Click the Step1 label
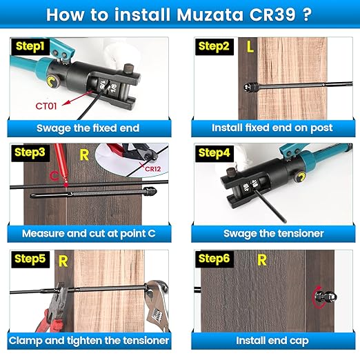pos(26,47)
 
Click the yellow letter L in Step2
pos(250,48)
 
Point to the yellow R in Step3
pos(84,154)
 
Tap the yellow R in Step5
pos(63,261)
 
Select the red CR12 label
pos(152,167)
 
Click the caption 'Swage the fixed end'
pos(88,128)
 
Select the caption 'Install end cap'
pos(273,341)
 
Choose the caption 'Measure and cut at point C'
pos(88,234)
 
